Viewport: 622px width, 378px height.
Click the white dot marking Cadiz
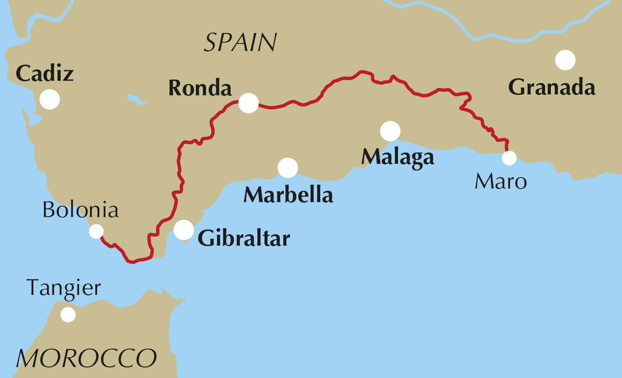50,99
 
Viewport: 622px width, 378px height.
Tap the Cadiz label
44,73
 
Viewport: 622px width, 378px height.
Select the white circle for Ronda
248,103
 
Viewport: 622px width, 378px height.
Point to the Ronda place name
200,88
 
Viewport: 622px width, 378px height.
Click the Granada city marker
565,60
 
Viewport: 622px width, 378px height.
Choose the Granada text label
551,87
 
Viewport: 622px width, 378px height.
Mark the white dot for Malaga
390,131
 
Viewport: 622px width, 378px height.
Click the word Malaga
397,157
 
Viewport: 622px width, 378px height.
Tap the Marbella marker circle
288,168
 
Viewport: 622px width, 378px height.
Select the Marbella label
288,194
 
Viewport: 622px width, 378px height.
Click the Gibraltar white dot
184,230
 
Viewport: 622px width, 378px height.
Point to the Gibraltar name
244,238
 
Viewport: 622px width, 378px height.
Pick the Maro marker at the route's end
509,158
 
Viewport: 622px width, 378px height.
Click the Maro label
500,182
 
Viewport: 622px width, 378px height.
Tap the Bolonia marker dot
96,231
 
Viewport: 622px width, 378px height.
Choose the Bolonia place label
80,210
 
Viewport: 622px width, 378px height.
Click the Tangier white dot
68,314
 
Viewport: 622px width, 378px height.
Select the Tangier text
64,288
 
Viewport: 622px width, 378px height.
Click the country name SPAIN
240,42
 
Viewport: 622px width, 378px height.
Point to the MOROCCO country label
86,358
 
